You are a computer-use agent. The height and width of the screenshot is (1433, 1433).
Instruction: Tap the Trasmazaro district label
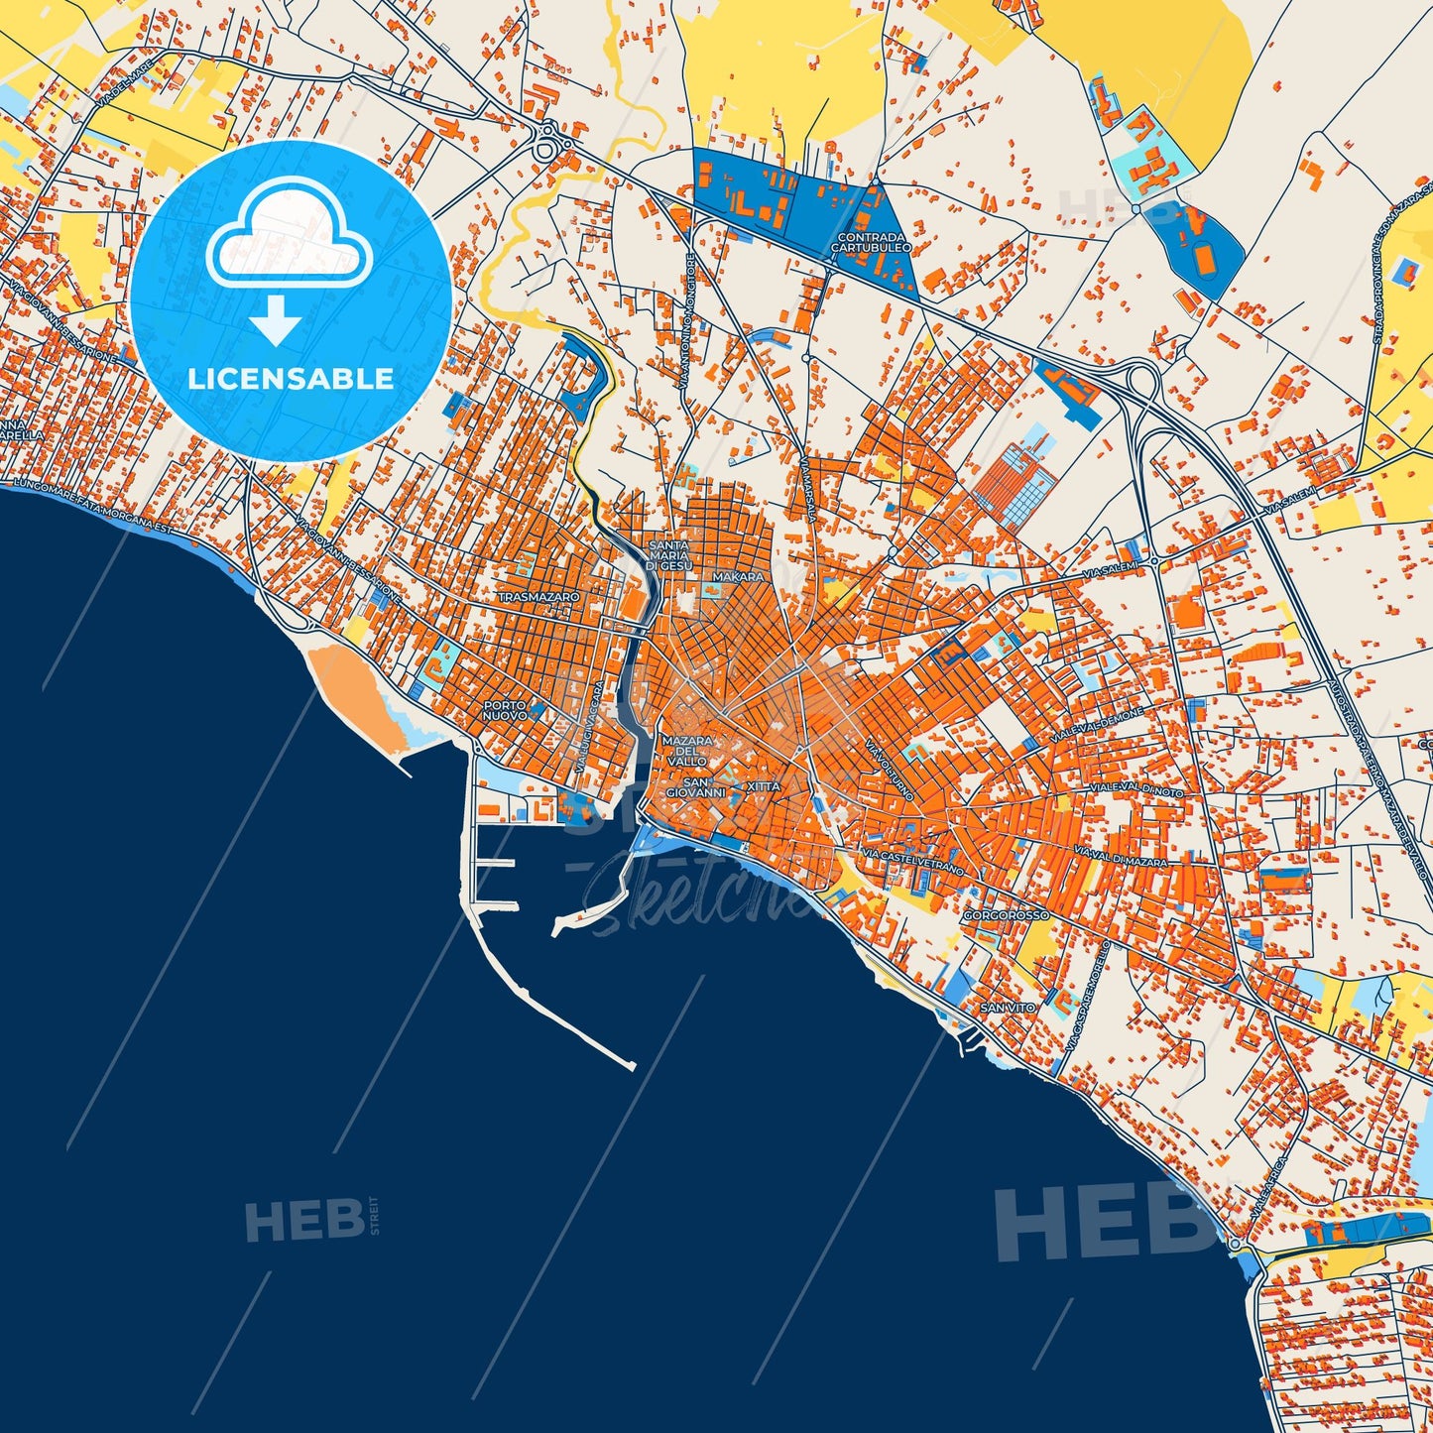[x=538, y=598]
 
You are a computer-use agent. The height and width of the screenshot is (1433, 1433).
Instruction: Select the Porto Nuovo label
[x=505, y=709]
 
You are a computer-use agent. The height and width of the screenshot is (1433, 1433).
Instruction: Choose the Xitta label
[x=764, y=785]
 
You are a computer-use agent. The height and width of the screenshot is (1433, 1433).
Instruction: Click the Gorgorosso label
[x=1006, y=915]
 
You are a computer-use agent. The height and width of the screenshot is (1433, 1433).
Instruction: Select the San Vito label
[x=1008, y=1008]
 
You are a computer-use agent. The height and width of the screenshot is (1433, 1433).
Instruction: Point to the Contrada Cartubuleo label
[x=872, y=243]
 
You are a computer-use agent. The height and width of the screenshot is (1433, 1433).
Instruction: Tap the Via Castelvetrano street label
[x=912, y=861]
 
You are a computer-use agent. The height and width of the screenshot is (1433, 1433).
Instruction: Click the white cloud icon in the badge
[x=289, y=235]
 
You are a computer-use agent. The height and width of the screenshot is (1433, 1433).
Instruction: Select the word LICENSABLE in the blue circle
[x=291, y=379]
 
